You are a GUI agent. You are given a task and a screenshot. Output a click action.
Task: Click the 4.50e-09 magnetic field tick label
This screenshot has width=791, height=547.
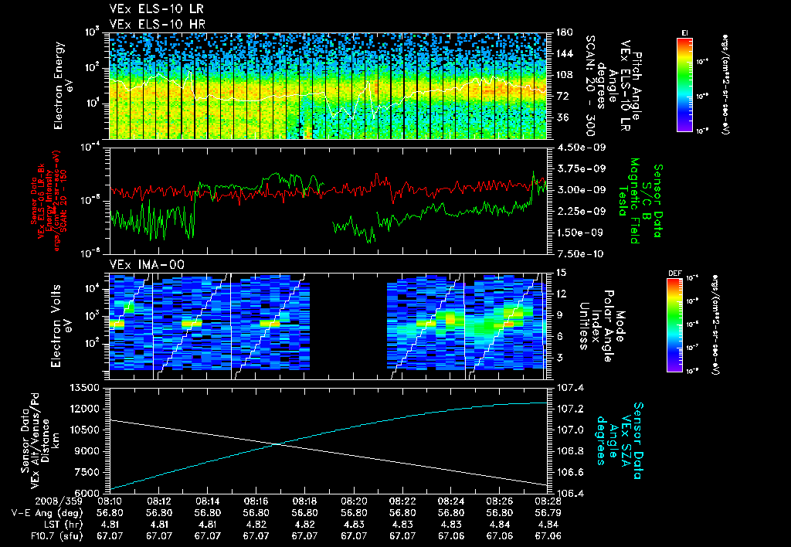pyautogui.click(x=572, y=148)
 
